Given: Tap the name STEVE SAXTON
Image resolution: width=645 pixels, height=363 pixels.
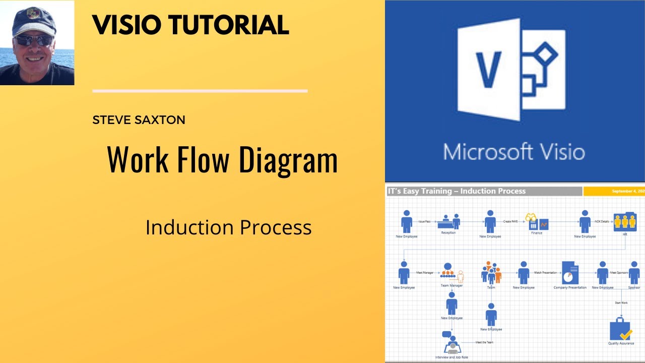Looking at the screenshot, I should coord(139,120).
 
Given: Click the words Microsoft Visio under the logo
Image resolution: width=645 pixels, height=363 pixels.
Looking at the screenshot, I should coord(514,152).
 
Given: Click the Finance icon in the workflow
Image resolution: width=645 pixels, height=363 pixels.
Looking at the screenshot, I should coord(536,221).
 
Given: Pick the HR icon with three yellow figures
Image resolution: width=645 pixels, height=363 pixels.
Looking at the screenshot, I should coord(625,221).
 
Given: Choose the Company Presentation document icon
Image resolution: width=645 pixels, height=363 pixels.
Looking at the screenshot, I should coord(570,273).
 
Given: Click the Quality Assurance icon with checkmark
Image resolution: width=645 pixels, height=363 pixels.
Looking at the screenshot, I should coord(620,330).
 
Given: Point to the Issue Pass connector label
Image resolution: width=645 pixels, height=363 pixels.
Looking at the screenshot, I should coord(424,221).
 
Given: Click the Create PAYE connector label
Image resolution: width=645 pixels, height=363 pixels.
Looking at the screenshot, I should coord(510,221).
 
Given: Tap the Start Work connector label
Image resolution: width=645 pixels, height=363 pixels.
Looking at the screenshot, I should coord(621,302).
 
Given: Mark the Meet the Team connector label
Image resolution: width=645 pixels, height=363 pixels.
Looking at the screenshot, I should coord(484,342).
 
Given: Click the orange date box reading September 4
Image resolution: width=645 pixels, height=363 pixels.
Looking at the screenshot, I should coord(614,192).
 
